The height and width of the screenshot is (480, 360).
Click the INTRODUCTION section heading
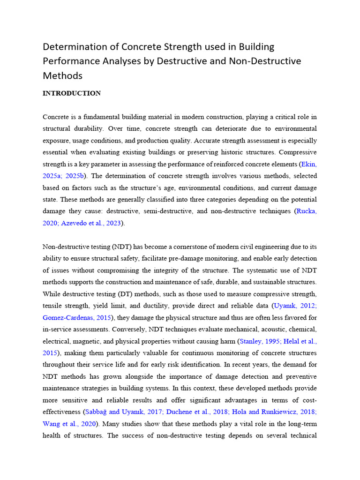coord(72,93)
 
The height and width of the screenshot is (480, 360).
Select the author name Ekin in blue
coord(309,164)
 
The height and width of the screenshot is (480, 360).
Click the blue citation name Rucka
coord(307,211)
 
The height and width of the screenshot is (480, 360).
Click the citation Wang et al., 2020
coord(70,424)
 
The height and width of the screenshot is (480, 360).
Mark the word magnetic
coord(92,341)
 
